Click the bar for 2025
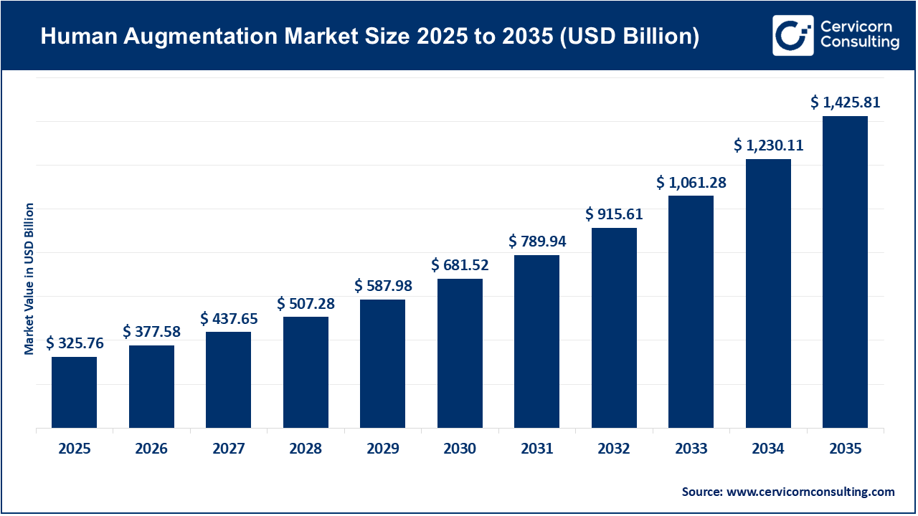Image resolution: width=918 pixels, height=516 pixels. click(x=74, y=393)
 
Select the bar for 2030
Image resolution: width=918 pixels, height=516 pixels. click(x=460, y=353)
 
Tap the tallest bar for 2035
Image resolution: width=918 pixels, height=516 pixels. click(x=845, y=272)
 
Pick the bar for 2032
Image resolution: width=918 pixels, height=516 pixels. click(x=614, y=328)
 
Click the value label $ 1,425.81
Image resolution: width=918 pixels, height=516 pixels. click(x=845, y=102)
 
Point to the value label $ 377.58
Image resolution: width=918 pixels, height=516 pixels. click(x=151, y=331)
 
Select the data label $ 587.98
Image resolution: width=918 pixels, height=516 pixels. click(x=383, y=285)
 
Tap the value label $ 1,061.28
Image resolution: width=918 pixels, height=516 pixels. click(x=691, y=183)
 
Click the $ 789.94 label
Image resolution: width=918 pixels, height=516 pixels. click(x=537, y=241)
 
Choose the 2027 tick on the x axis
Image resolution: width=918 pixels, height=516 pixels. click(x=229, y=449)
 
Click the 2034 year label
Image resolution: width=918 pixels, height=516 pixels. click(x=768, y=449)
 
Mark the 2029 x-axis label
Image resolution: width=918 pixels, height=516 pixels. click(x=383, y=449)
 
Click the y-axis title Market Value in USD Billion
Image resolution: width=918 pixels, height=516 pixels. click(x=29, y=278)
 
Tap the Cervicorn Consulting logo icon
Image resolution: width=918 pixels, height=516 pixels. click(x=792, y=35)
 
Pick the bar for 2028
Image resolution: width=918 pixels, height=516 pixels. click(x=306, y=373)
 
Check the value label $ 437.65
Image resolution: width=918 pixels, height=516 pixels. click(x=229, y=317)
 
